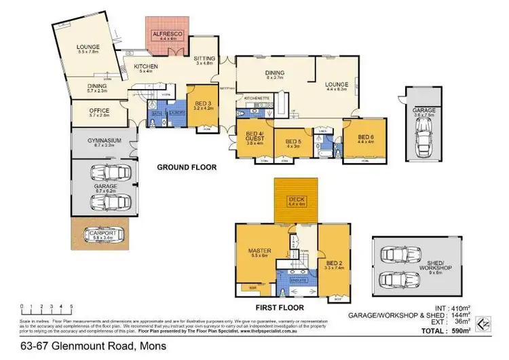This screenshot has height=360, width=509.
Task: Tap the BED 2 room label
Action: (333, 262)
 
